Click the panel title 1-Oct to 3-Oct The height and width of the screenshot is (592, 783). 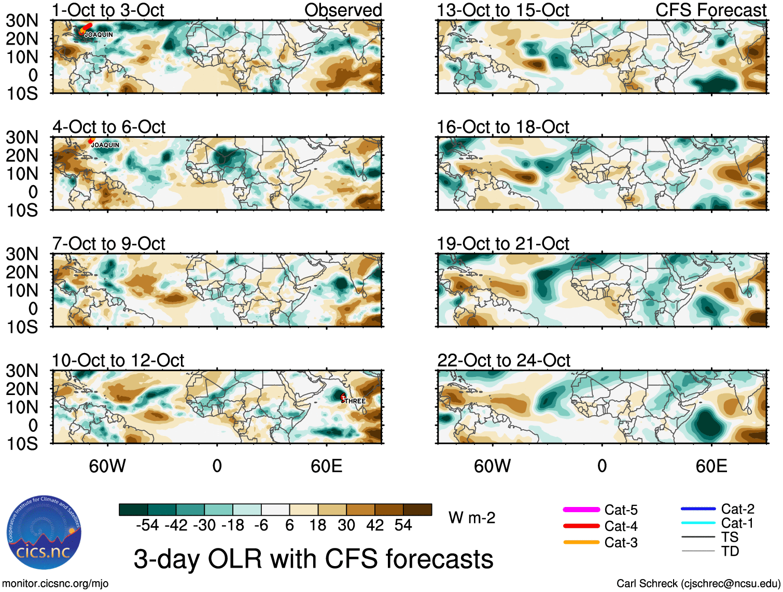point(108,10)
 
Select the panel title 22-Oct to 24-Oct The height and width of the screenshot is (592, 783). point(504,360)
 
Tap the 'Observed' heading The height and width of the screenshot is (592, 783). point(343,10)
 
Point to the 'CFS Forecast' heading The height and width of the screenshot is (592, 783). point(710,10)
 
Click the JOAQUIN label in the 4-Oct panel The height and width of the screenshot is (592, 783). point(105,145)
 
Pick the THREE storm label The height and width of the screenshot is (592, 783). point(355,401)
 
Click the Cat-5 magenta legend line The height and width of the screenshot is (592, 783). point(581,510)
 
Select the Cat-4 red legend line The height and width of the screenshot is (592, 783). point(581,526)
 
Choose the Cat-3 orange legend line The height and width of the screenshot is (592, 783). point(581,542)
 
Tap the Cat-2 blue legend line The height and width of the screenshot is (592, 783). point(698,509)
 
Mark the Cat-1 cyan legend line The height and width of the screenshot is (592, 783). point(698,523)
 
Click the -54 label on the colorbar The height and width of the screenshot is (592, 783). point(147,525)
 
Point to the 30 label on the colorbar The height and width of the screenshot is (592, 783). point(346,525)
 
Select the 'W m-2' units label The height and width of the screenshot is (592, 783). point(472,518)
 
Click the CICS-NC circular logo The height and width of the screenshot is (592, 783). point(44,532)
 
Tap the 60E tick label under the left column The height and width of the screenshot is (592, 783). point(326,466)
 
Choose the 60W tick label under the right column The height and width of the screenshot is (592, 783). point(492,466)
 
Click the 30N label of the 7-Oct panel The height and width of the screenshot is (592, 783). point(22,254)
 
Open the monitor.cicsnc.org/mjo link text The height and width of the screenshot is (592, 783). point(55,584)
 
